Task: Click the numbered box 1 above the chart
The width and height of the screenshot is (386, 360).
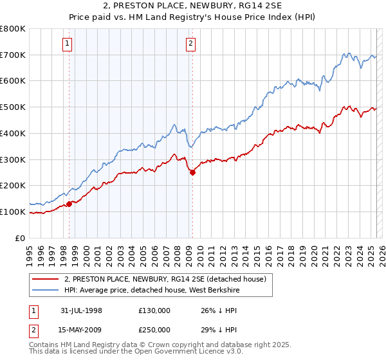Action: pos(68,44)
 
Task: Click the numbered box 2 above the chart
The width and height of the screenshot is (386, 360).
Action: pos(191,44)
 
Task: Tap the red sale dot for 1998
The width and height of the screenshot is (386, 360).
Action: pos(69,204)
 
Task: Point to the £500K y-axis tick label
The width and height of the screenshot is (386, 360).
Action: pos(13,107)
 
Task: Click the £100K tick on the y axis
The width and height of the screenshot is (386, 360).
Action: pos(13,212)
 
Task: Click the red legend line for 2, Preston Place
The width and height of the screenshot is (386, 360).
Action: pos(45,278)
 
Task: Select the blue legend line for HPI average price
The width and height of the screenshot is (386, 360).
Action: pos(45,289)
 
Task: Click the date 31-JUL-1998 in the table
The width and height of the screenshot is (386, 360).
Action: pos(82,310)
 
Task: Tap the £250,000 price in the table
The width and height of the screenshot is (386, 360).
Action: pos(154,330)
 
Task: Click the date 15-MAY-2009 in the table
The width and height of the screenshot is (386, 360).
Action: pos(82,330)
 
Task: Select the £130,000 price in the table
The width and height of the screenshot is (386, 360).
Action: pos(154,310)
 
